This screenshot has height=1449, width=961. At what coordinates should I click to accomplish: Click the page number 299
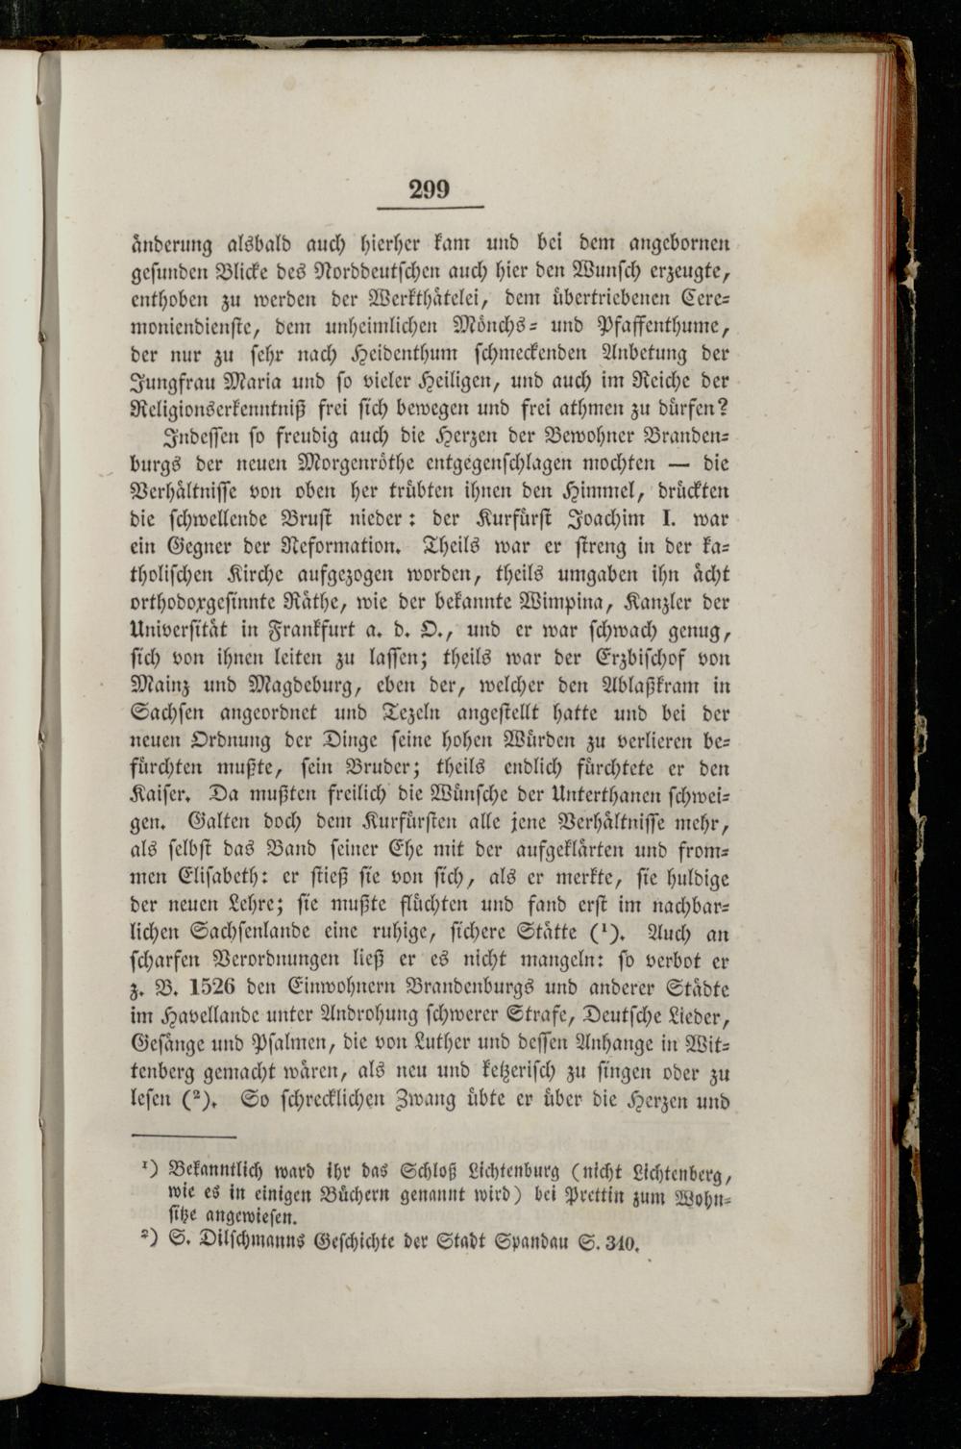(x=429, y=189)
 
